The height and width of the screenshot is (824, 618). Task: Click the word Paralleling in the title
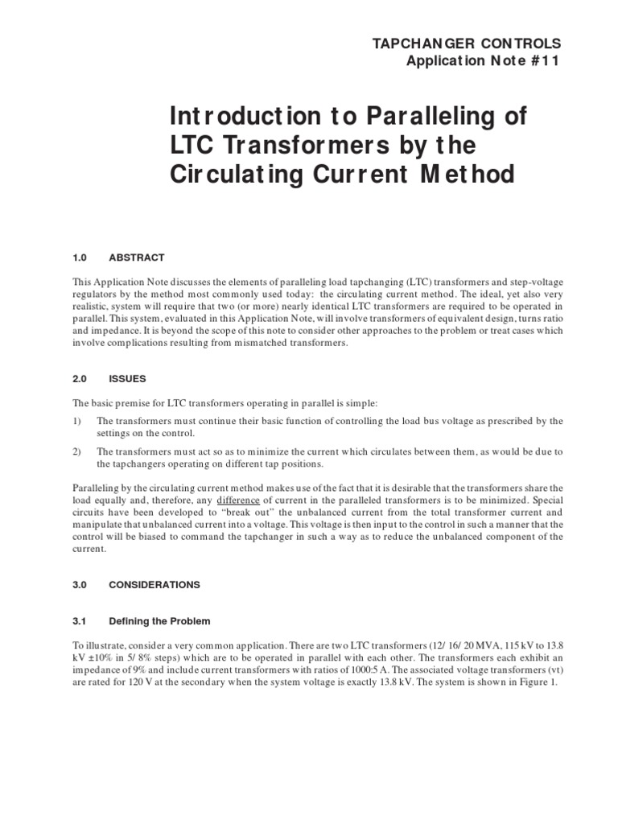tap(447, 117)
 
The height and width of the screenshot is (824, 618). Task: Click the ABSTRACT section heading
tap(137, 257)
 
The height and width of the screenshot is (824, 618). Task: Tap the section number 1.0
tap(80, 257)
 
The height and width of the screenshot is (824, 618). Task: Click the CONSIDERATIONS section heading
tap(154, 584)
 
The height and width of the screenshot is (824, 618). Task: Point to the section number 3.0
tap(80, 584)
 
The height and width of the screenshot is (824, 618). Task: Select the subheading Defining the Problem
tap(159, 620)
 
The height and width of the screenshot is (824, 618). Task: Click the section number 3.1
tap(80, 620)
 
